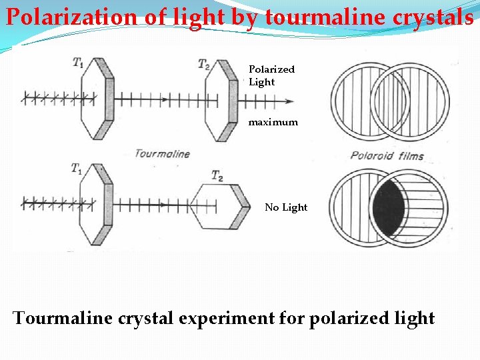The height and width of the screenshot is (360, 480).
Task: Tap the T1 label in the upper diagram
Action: [x=79, y=63]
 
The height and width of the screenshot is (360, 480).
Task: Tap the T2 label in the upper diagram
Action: [x=204, y=64]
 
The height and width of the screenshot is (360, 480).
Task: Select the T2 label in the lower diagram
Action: [x=217, y=175]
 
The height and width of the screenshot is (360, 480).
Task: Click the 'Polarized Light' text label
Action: [x=271, y=75]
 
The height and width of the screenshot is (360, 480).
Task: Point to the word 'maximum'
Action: [x=273, y=123]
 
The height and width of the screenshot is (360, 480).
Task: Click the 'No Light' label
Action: [x=286, y=207]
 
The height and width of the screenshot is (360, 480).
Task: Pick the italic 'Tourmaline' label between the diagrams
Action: [x=162, y=153]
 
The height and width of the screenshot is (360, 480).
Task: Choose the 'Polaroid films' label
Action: [x=387, y=157]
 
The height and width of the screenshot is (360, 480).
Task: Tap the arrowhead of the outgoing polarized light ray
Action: [x=289, y=101]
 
